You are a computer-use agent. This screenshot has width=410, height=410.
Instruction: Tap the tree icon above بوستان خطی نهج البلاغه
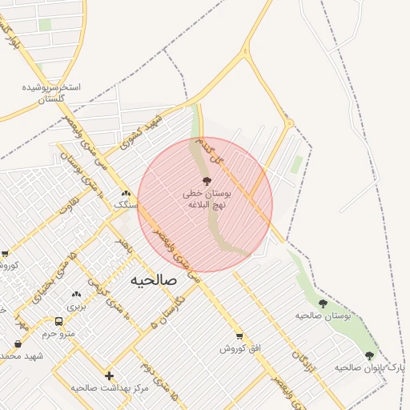[x=207, y=182]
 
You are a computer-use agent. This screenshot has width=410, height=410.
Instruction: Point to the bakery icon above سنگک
[x=126, y=193]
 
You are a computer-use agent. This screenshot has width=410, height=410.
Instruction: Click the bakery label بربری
[x=75, y=306]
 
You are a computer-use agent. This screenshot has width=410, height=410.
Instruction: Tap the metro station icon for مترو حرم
[x=58, y=321]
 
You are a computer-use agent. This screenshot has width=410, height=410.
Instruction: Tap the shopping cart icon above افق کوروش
[x=238, y=336]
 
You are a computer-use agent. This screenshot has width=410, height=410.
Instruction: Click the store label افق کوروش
[x=238, y=348]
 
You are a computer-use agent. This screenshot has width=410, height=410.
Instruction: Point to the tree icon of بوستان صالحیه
[x=323, y=303]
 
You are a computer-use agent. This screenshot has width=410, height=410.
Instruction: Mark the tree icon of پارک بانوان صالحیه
[x=369, y=356]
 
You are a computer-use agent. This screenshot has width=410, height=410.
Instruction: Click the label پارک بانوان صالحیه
[x=355, y=368]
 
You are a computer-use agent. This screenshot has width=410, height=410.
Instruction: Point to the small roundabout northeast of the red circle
[x=290, y=123]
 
